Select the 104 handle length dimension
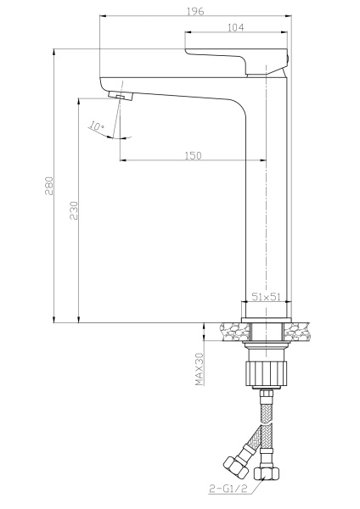[238, 28]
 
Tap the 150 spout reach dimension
[192, 154]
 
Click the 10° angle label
[97, 126]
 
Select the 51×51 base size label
[267, 297]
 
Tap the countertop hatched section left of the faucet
[230, 332]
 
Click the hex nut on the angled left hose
[233, 467]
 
